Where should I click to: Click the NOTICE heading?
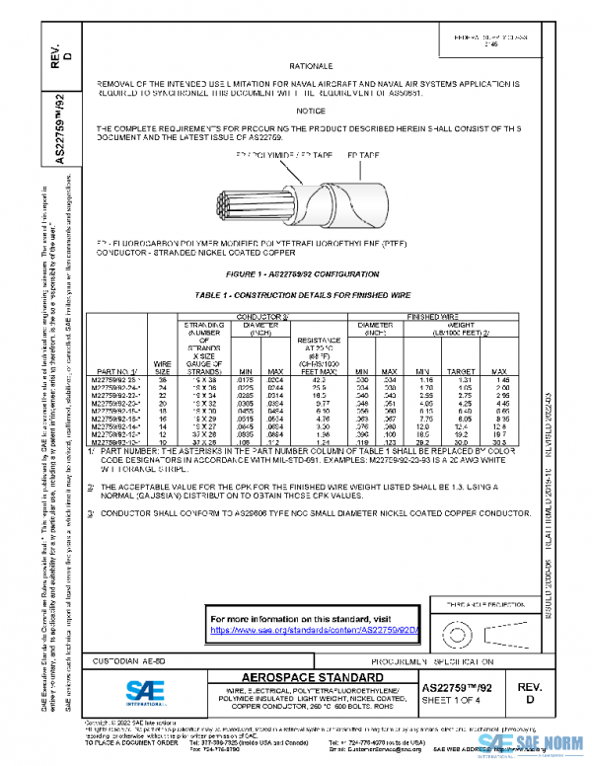310,111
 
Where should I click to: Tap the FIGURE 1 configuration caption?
302,272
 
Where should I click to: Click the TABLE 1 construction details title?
303,295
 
